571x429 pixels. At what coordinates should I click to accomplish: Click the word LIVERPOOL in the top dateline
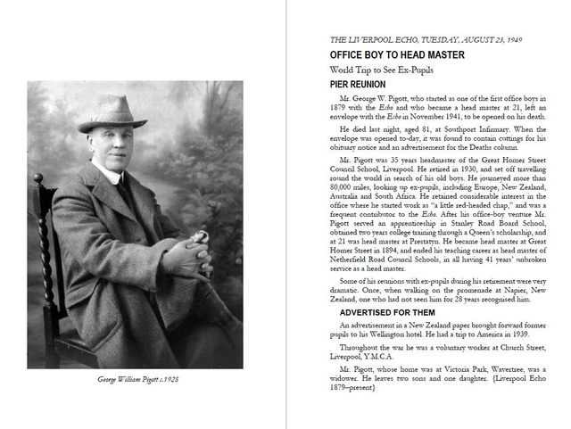(x=369, y=39)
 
